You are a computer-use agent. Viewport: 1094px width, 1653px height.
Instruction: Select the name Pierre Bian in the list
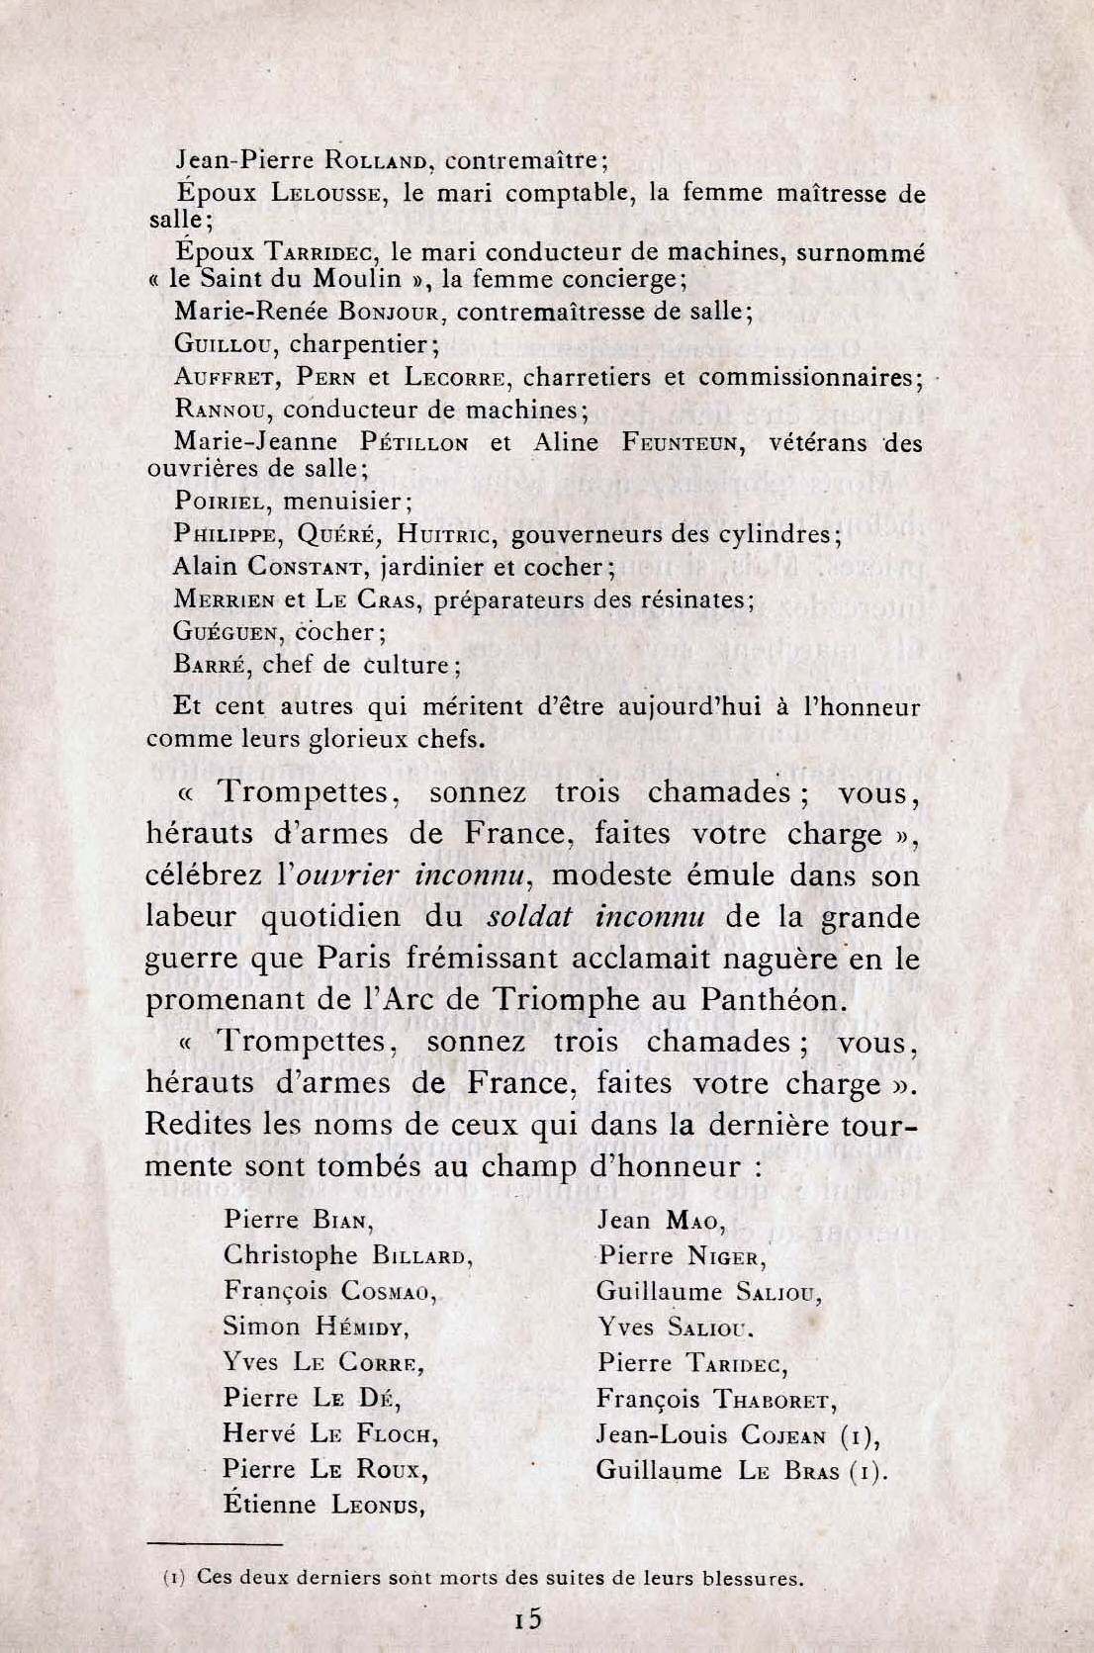coord(297,1220)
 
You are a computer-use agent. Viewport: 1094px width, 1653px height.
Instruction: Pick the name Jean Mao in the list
coord(660,1220)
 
